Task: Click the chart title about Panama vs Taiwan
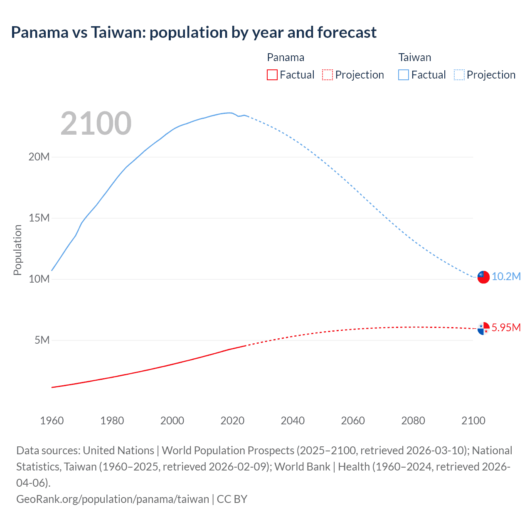click(194, 32)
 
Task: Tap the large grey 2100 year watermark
click(96, 123)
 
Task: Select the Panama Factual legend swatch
click(272, 75)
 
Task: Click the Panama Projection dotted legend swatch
click(328, 75)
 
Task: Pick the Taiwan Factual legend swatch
click(404, 75)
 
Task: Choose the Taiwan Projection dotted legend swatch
click(459, 75)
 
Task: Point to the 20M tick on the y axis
click(39, 157)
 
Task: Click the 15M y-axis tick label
click(39, 218)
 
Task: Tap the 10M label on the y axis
click(39, 279)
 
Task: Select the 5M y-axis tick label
click(42, 340)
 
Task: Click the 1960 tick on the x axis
click(52, 421)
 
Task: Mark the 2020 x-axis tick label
click(232, 421)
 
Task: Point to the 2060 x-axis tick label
click(353, 421)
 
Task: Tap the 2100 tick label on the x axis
click(473, 421)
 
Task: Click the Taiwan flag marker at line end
click(483, 277)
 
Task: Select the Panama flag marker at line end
click(483, 328)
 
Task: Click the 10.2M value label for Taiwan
click(506, 277)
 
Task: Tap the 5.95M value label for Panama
click(506, 328)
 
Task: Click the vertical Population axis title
click(17, 250)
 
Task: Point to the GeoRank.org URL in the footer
click(113, 499)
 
